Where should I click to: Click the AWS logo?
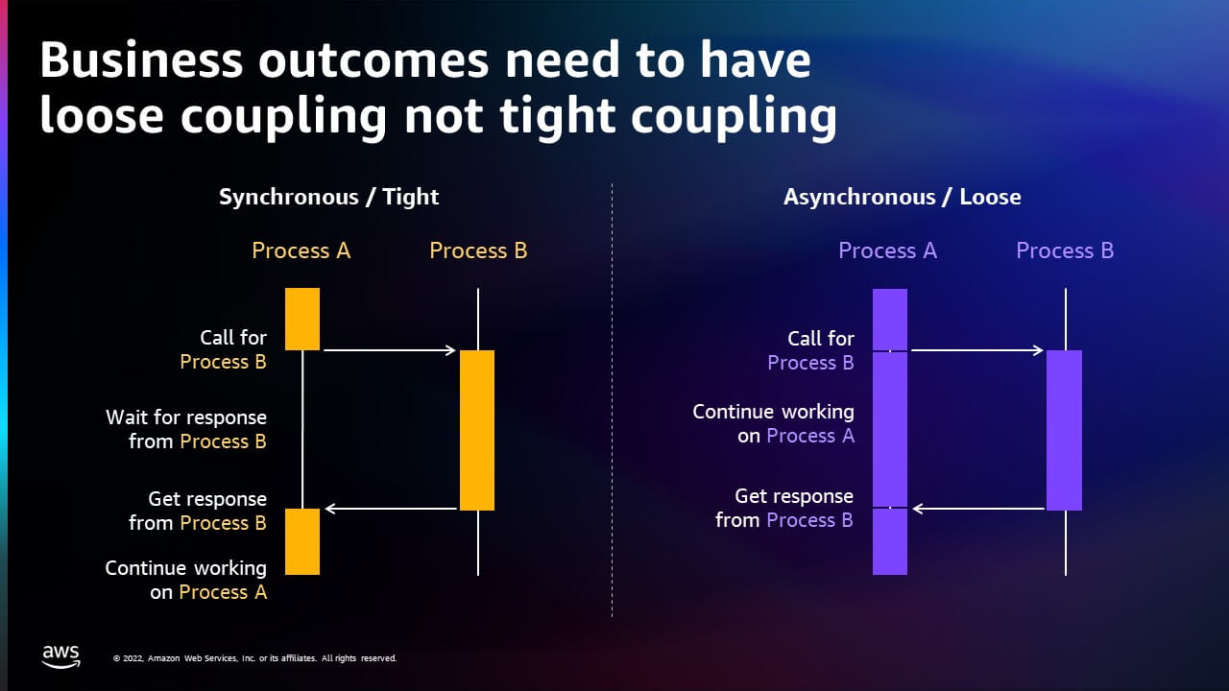[x=60, y=656]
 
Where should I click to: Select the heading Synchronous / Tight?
[x=328, y=197]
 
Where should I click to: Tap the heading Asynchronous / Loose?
[x=902, y=197]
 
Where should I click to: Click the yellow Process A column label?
[x=301, y=250]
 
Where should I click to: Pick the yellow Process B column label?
[x=478, y=250]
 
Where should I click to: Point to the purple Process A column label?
[x=887, y=250]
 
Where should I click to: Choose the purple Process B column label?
[x=1065, y=250]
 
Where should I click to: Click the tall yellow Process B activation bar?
[x=477, y=431]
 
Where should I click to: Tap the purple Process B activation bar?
[x=1064, y=431]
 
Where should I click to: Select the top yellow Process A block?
[x=302, y=320]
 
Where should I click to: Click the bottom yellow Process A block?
[x=302, y=542]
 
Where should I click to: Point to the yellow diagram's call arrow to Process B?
[x=390, y=350]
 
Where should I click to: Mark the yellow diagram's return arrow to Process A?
[x=391, y=509]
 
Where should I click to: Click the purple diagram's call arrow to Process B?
[x=977, y=350]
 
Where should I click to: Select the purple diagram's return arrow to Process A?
[x=978, y=509]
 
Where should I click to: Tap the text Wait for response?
[x=186, y=417]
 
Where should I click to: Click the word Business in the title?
[x=141, y=60]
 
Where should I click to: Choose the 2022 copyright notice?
[x=254, y=658]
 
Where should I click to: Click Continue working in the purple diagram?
[x=773, y=412]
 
